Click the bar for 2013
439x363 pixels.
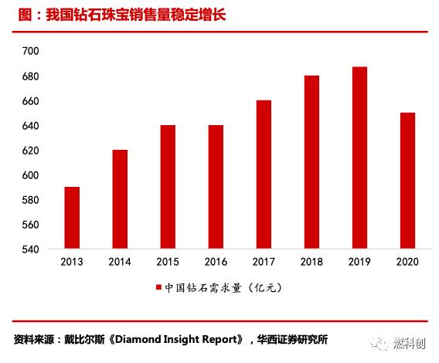(71, 218)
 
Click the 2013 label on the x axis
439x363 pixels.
(71, 262)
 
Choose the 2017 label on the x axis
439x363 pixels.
(264, 262)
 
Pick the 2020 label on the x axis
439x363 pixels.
(407, 262)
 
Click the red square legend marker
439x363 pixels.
(159, 288)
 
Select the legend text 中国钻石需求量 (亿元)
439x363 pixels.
(225, 288)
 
